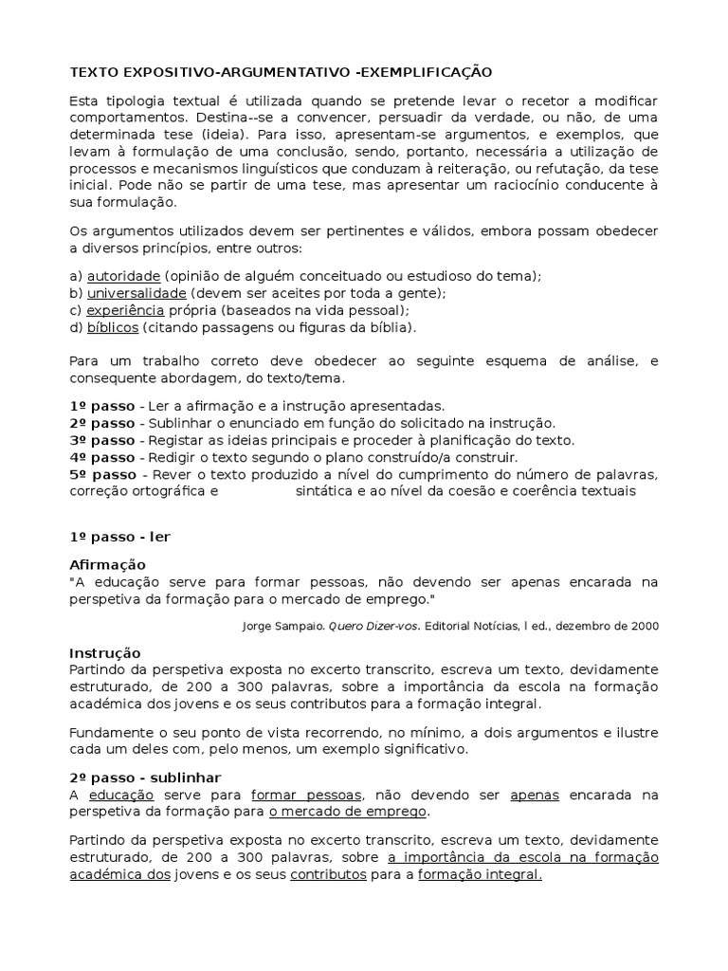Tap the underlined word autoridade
click(123, 276)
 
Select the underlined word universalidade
click(136, 293)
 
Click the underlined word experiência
click(125, 310)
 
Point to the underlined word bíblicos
click(113, 327)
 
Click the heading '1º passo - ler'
click(120, 536)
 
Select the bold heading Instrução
click(105, 653)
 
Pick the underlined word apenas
click(535, 795)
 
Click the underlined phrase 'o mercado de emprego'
click(348, 812)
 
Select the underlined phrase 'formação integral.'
click(481, 875)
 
